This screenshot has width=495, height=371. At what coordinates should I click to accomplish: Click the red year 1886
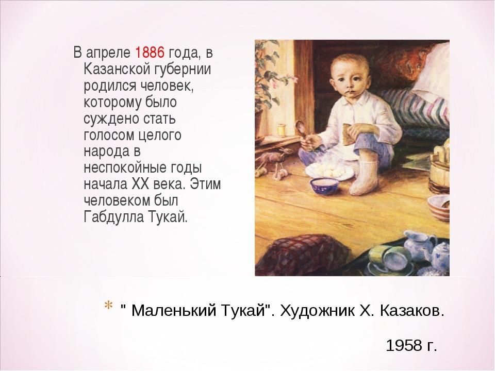click(x=150, y=52)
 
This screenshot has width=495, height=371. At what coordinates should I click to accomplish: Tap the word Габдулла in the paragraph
click(x=113, y=216)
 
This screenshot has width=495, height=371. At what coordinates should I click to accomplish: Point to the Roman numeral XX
click(x=140, y=183)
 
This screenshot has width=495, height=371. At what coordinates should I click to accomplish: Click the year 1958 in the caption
click(x=404, y=345)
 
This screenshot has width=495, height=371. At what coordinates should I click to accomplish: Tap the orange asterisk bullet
click(x=108, y=306)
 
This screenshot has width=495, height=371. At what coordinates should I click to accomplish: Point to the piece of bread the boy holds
click(x=349, y=133)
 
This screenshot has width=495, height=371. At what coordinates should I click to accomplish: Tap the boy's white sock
click(x=362, y=177)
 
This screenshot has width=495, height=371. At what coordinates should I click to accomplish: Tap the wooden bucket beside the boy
click(x=439, y=171)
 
